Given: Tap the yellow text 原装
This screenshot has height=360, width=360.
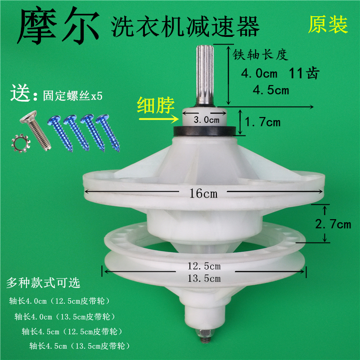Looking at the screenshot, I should click(328, 25).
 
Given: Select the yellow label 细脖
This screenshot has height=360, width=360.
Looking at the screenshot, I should click(155, 103).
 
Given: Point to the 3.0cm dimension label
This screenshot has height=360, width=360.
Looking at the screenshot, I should click(206, 120).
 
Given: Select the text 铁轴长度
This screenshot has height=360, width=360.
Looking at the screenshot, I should click(259, 54).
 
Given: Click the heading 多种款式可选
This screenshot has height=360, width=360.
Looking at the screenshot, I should click(43, 283).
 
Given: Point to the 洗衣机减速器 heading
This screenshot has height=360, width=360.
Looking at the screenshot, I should click(186, 26).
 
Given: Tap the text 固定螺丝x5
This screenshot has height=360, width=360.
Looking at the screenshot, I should click(72, 96).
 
